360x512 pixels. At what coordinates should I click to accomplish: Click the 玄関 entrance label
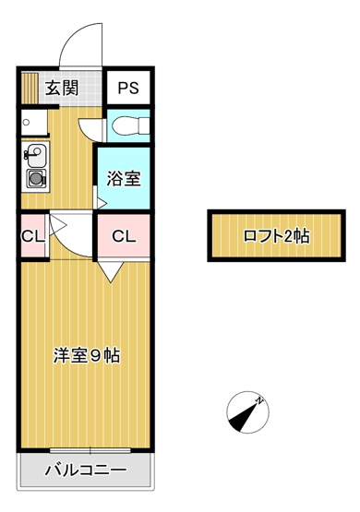pos(61,89)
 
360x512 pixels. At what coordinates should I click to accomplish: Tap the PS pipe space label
pos(126,89)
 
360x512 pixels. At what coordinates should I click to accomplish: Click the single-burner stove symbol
pos(36,178)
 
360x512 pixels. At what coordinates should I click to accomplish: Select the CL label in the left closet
pos(32,236)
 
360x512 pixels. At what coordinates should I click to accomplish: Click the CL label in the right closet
pos(124,236)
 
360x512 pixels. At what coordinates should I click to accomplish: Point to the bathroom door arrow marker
pos(100,196)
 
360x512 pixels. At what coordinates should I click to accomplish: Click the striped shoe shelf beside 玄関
pos(30,89)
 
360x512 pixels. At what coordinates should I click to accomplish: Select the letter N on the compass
pos(261,399)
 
